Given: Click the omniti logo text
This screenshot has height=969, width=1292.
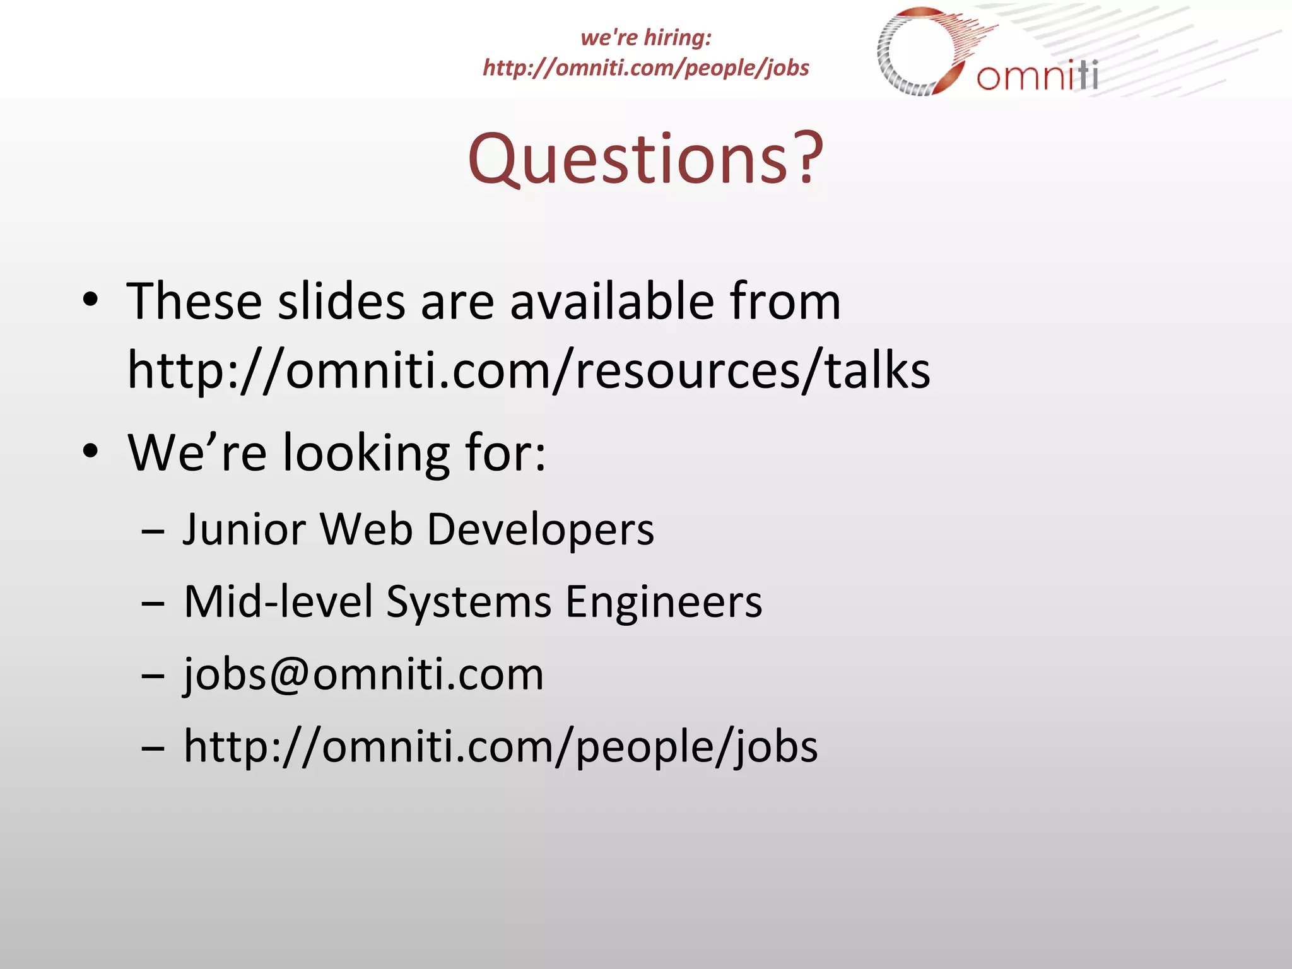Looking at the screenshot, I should pos(1037,76).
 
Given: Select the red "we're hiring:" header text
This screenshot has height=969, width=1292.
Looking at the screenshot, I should pos(646,37).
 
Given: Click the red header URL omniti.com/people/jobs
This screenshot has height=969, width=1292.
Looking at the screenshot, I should pos(646,68).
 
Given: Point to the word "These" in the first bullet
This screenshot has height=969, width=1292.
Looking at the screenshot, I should pos(194,302).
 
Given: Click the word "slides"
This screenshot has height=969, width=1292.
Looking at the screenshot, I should pos(341,302).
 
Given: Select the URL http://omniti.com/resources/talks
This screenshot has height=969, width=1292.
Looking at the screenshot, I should pos(529,371).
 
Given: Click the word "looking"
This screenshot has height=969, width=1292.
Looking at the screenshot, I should pos(366,453).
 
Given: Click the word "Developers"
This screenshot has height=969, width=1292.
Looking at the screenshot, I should pos(541,529).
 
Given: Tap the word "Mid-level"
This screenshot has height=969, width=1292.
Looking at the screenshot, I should pos(278,601).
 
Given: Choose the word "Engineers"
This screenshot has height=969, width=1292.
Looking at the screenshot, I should pos(664,601).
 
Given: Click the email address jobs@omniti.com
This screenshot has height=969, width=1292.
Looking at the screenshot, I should pos(363,674).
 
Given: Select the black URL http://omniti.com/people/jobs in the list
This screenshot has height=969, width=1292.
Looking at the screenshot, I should pos(501,746).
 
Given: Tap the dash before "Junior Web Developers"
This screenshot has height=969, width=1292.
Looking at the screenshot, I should pos(153,532).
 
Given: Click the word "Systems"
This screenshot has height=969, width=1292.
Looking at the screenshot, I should pos(469,601).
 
